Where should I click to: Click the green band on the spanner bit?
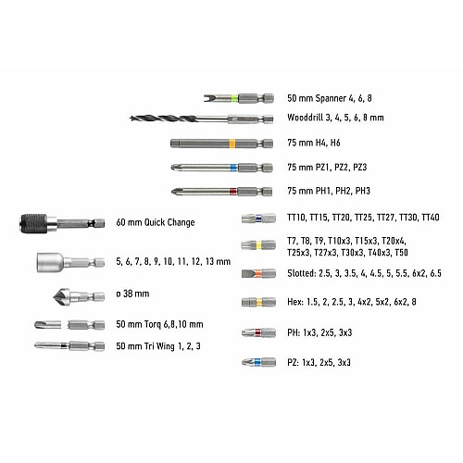tap(234, 98)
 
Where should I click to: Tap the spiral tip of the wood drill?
tap(131, 118)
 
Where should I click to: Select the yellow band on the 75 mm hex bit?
tap(232, 144)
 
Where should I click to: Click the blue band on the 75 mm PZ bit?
tap(233, 168)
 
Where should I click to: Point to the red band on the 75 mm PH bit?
tap(233, 192)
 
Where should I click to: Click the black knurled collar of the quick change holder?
tap(34, 223)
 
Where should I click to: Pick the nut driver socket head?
tap(49, 263)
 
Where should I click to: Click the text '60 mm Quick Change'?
tap(156, 222)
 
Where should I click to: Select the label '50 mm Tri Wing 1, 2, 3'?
tap(158, 346)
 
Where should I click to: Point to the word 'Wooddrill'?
tap(305, 118)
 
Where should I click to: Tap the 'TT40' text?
tap(431, 218)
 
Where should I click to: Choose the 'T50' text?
tap(401, 253)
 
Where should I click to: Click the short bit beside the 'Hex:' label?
tap(258, 302)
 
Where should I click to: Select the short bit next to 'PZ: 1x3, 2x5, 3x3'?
tap(258, 362)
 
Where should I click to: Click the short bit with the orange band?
tap(258, 273)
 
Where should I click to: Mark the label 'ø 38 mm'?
tap(132, 294)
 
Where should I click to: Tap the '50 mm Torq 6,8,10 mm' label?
tap(159, 324)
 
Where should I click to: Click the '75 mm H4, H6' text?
tap(314, 143)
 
